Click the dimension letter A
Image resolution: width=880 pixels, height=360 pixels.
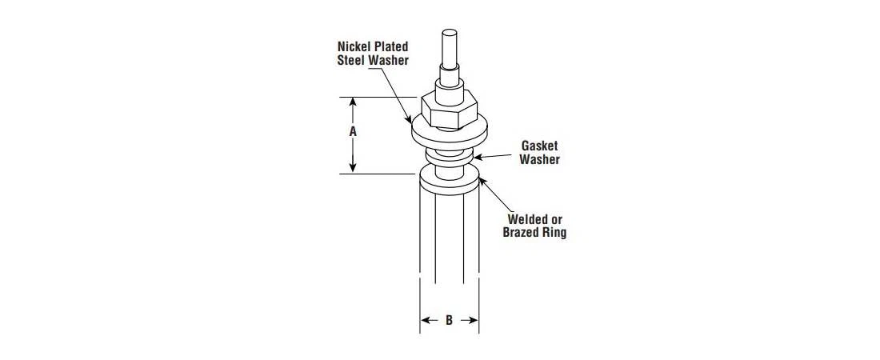click(x=353, y=133)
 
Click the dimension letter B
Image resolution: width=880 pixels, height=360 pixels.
click(x=449, y=321)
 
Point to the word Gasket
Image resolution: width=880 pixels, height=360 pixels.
click(x=539, y=146)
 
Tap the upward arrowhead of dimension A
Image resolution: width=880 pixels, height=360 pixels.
click(x=353, y=102)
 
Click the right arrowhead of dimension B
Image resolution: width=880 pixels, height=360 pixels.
click(x=474, y=321)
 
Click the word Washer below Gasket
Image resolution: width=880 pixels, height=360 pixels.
click(x=539, y=159)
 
